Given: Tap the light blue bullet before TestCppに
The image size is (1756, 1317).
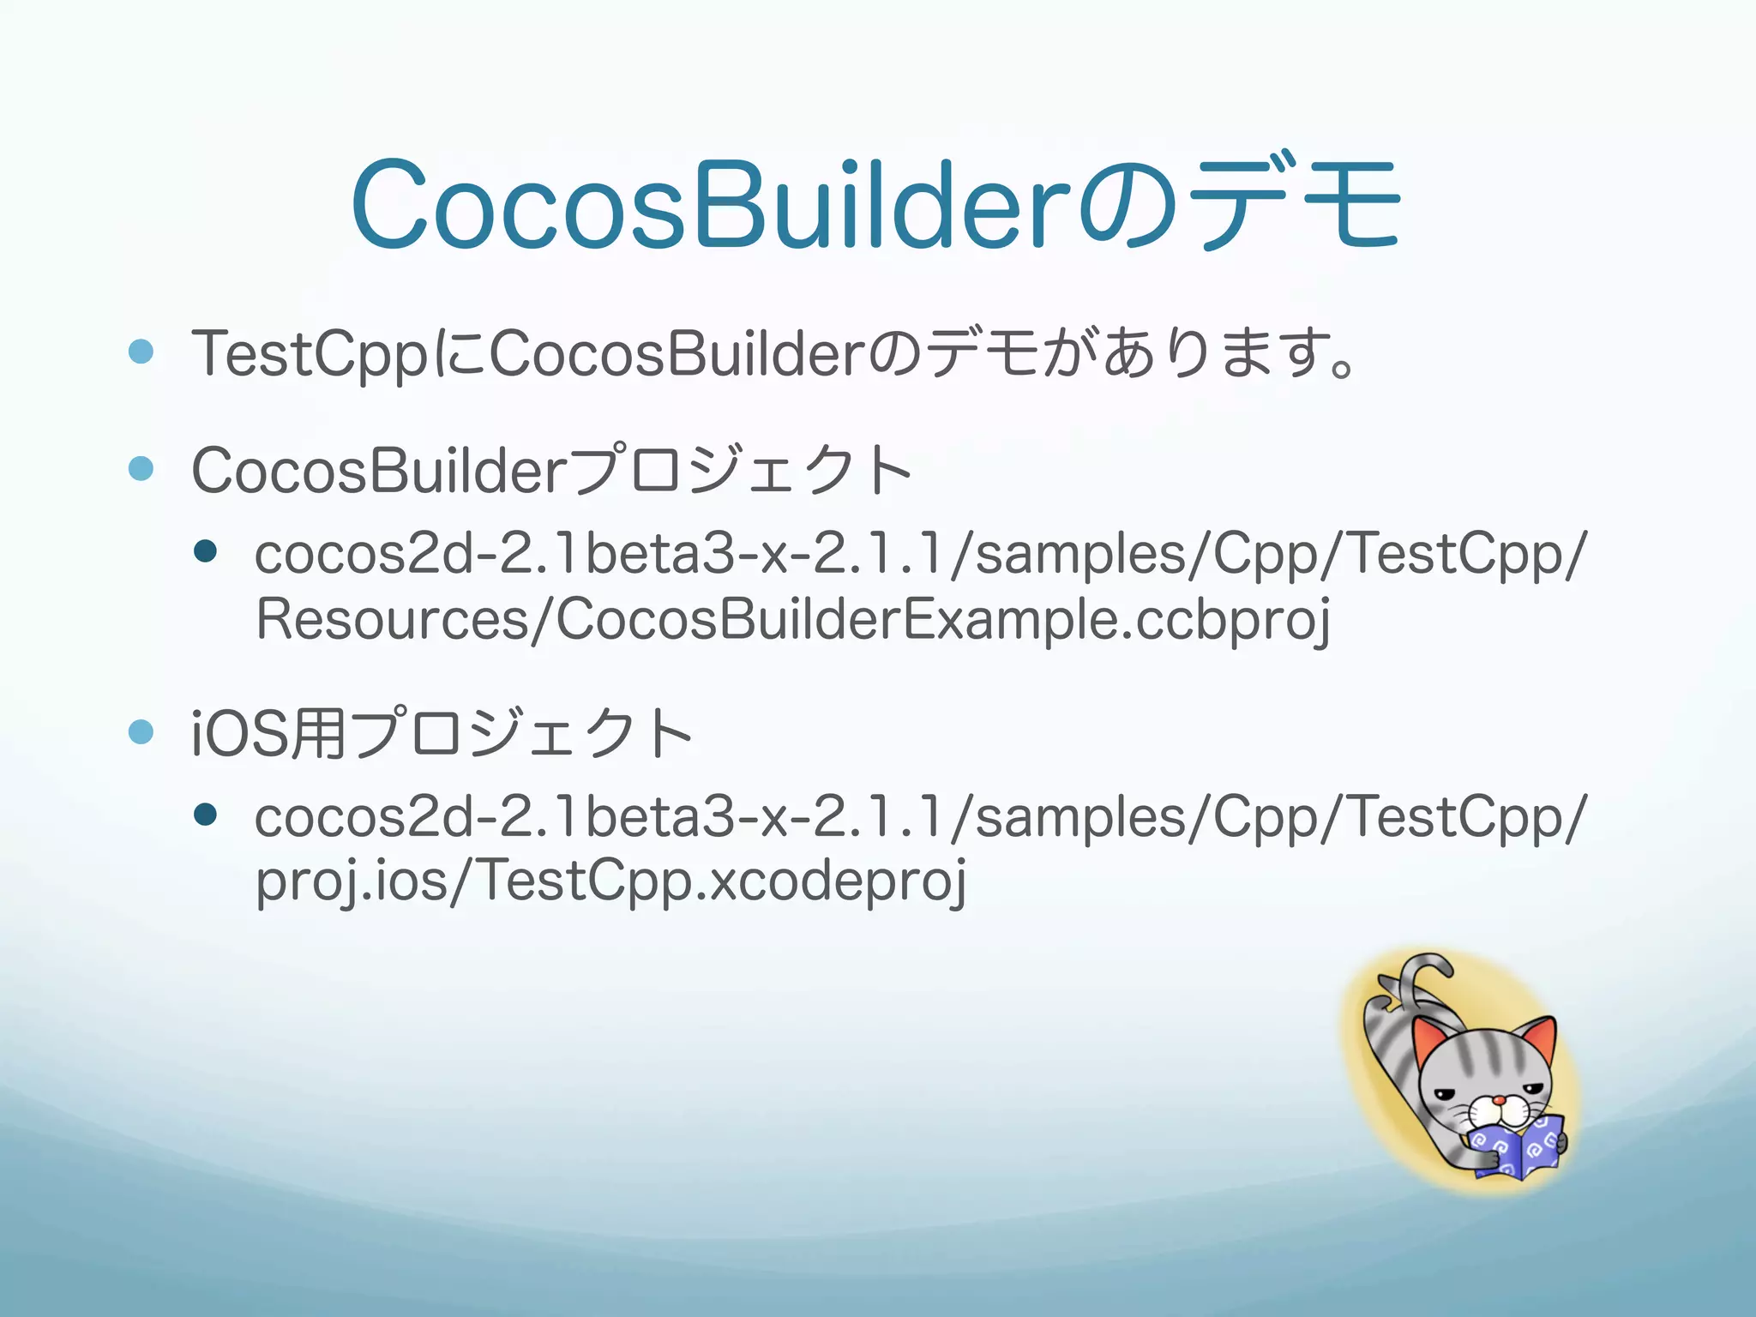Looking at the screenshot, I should (x=141, y=352).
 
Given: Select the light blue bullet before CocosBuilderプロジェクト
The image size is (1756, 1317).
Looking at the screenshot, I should (x=141, y=469).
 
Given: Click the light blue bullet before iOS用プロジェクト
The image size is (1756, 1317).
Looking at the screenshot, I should (x=141, y=731).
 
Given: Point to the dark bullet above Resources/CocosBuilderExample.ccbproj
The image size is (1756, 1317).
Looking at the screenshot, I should (x=205, y=551).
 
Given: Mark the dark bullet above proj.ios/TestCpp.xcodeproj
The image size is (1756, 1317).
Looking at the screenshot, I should (x=205, y=814).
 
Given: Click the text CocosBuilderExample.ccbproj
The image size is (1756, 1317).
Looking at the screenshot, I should (x=941, y=619).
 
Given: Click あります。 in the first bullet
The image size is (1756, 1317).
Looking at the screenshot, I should (x=1230, y=353).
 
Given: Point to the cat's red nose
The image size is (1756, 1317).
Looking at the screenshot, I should (x=1498, y=1101).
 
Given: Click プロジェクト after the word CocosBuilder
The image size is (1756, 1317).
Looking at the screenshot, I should (x=741, y=471).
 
